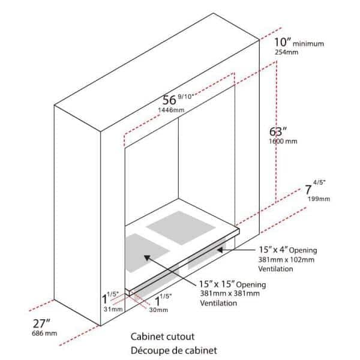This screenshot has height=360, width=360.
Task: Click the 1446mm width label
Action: tap(171, 110)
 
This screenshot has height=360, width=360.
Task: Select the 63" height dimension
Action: tap(278, 131)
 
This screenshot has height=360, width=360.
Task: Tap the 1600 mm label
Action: tap(283, 141)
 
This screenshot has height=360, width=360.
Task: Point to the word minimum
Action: tap(308, 44)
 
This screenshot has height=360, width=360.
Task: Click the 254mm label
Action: tap(287, 52)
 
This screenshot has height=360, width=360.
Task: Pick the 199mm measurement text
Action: tap(319, 199)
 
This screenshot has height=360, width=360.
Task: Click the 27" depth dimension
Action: tap(41, 324)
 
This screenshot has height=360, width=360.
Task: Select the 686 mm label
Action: tap(44, 333)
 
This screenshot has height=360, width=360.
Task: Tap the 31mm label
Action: tap(113, 309)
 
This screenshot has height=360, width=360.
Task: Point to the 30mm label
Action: tap(158, 310)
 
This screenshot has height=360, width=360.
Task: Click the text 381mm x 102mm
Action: tap(286, 260)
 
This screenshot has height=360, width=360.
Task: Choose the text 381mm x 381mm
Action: tap(230, 293)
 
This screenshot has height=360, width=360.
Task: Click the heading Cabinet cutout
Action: tap(163, 337)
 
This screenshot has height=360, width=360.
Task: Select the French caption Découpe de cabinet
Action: tap(174, 350)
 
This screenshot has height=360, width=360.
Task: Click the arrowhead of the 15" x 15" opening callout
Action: tap(147, 257)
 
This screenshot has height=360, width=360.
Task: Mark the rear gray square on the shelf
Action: tap(181, 227)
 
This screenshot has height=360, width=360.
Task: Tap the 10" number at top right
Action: tap(283, 42)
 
